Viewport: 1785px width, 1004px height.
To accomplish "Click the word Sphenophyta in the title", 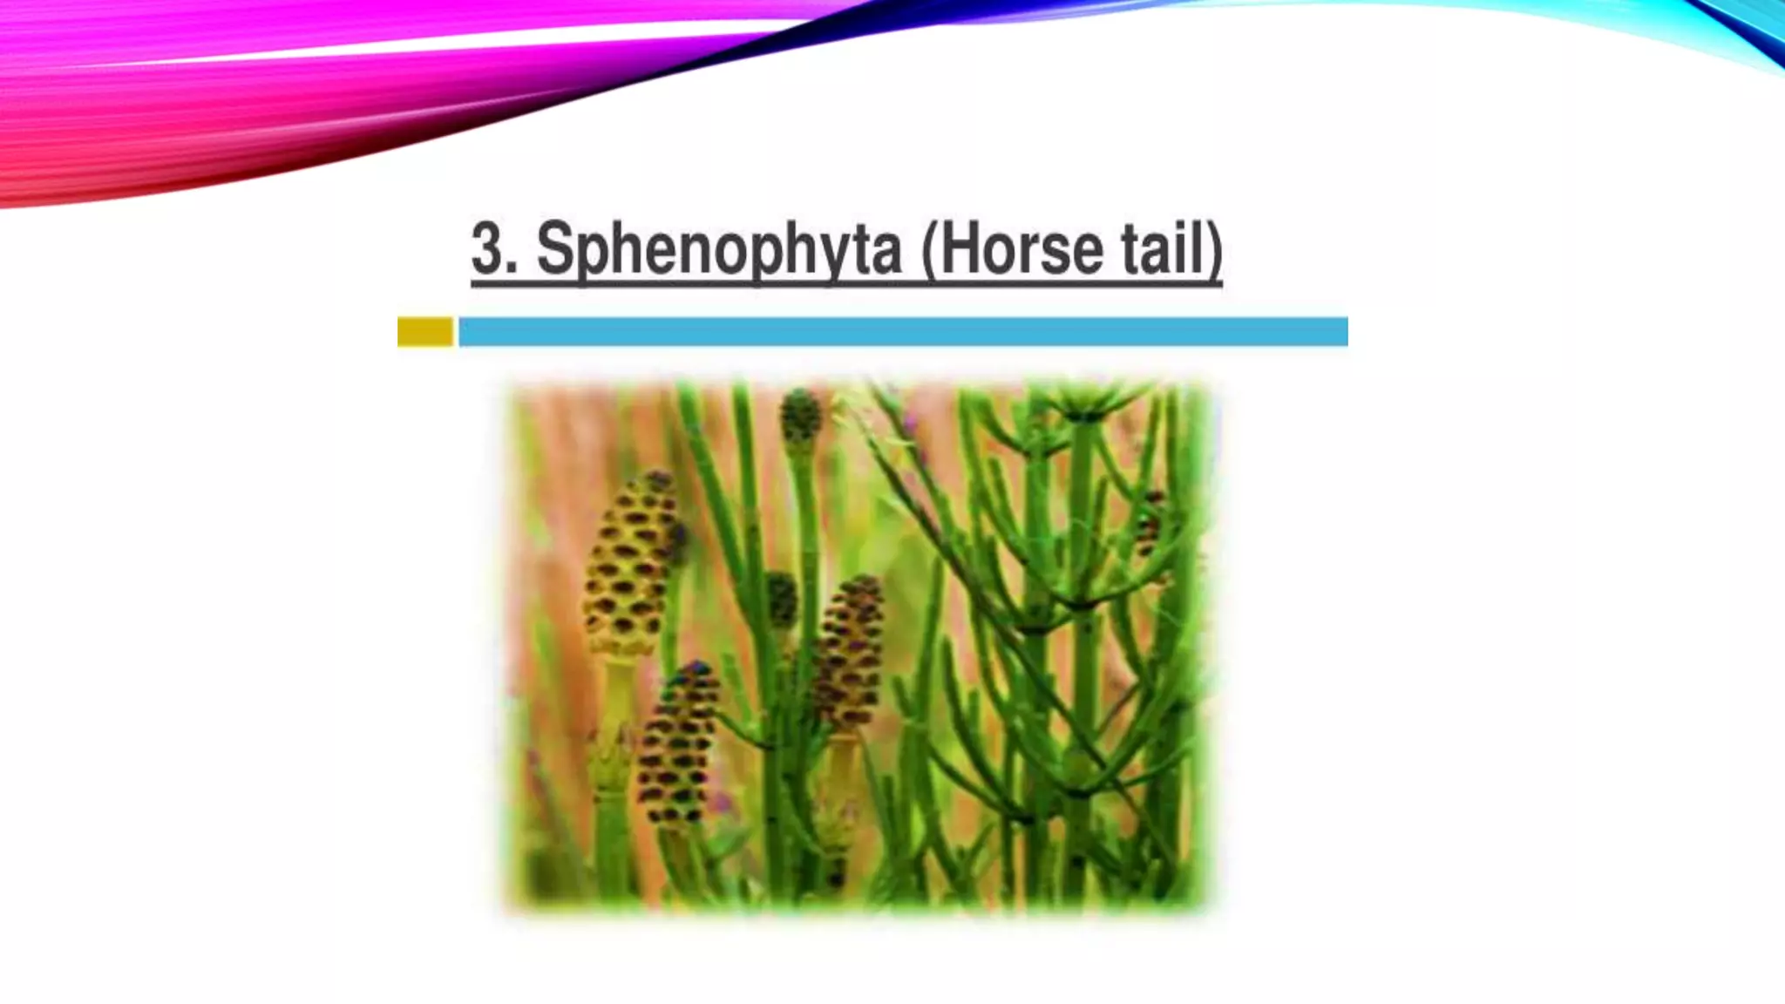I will coord(719,251).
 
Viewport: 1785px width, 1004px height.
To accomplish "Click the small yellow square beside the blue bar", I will coord(425,332).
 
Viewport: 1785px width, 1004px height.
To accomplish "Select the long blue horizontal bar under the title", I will coord(903,332).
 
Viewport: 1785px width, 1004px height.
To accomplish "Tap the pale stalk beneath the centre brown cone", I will coord(842,767).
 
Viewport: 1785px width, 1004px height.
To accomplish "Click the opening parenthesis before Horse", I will coord(928,251).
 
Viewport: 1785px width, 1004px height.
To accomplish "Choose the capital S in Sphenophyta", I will coord(552,249).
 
